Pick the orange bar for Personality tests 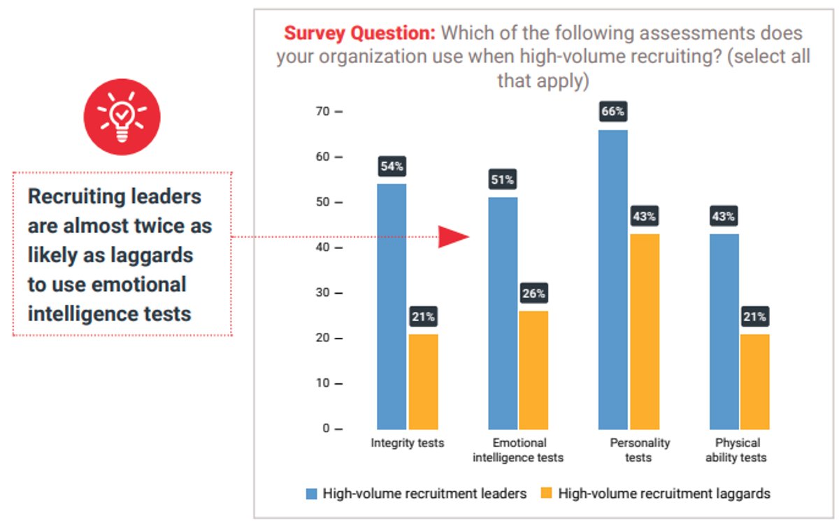pyautogui.click(x=644, y=331)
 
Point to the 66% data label pyautogui.click(x=612, y=112)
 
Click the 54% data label pyautogui.click(x=392, y=166)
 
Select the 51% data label pyautogui.click(x=503, y=180)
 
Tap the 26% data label pyautogui.click(x=533, y=294)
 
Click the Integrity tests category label pyautogui.click(x=407, y=443)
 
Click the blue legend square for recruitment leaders pyautogui.click(x=312, y=494)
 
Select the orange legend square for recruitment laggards pyautogui.click(x=547, y=494)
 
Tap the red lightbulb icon pyautogui.click(x=122, y=117)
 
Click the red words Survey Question pyautogui.click(x=359, y=33)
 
